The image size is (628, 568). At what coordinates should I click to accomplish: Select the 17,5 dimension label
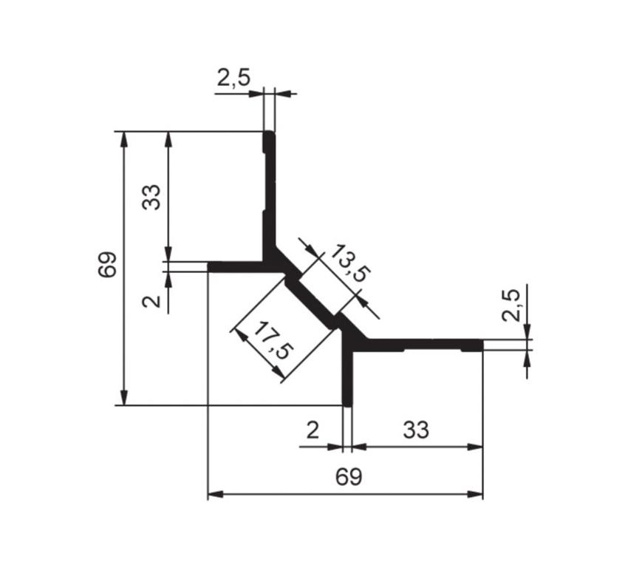pos(273,341)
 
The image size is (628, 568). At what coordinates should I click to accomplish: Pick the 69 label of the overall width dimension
pos(348,476)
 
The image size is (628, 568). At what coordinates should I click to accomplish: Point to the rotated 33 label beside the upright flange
pos(151,197)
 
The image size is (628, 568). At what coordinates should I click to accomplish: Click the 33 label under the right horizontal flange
pos(416,430)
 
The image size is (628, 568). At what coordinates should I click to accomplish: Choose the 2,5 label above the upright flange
pos(233,78)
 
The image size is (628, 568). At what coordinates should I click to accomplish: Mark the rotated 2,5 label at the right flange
pos(511,305)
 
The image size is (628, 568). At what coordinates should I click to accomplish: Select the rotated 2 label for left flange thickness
pos(151,301)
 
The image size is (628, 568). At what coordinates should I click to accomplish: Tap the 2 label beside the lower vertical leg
pos(313,430)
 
